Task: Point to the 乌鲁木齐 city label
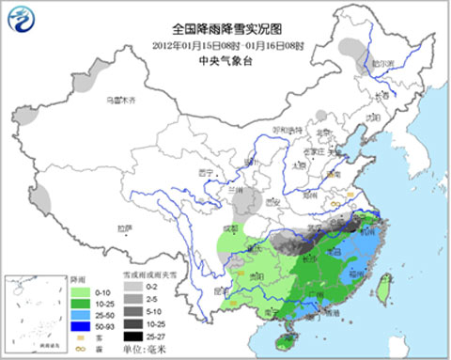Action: point(120,100)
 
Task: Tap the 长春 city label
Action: point(380,95)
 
